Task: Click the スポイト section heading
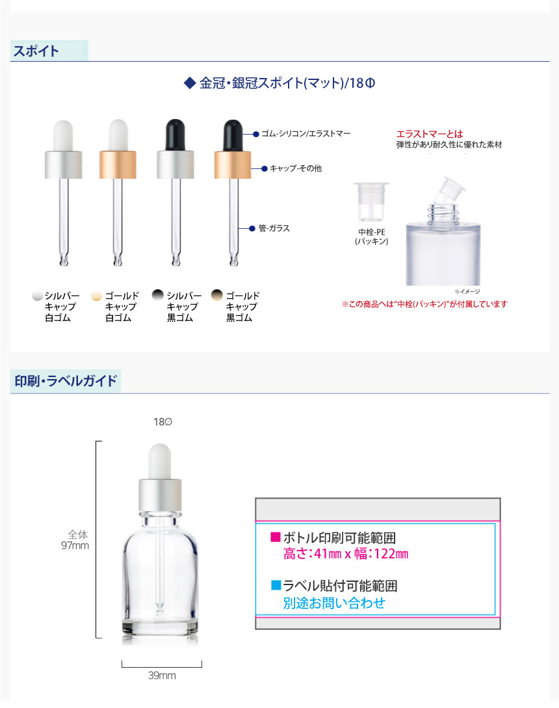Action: point(36,51)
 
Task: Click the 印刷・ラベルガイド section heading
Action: point(66,381)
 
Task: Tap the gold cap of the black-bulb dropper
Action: point(233,164)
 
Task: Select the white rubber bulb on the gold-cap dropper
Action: point(118,135)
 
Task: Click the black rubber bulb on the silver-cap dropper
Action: point(175,135)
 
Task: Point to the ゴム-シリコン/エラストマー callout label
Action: point(305,134)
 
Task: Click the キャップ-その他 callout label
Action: point(296,168)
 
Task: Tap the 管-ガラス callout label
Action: point(274,228)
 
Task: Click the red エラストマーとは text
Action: point(430,134)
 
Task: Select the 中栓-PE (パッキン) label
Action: point(372,237)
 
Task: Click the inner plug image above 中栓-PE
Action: point(371,202)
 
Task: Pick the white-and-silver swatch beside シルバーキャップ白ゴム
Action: point(38,296)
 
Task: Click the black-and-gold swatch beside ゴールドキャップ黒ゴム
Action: point(217,295)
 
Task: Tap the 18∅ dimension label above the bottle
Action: point(162,422)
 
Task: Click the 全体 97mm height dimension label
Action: point(75,540)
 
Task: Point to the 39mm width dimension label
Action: point(162,675)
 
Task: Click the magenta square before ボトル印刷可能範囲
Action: point(276,536)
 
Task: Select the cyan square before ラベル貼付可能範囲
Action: point(276,585)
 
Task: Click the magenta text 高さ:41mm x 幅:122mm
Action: point(346,553)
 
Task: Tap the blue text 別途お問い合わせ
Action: point(334,603)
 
